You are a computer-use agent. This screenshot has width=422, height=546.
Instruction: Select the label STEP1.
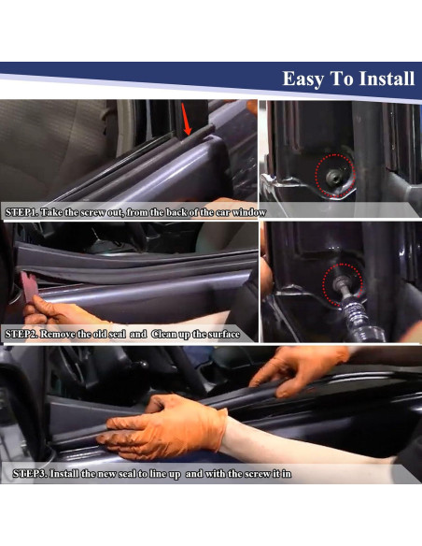click(21, 212)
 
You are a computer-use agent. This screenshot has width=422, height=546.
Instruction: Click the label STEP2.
click(21, 334)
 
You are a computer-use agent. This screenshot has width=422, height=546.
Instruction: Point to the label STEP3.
click(29, 474)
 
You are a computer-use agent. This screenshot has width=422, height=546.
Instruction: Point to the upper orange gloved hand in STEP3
click(297, 365)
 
